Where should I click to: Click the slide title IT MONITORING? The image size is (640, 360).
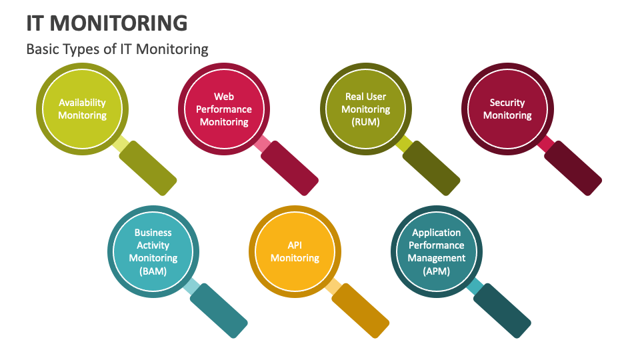pos(107,23)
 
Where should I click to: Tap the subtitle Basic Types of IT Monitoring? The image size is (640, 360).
pos(117,49)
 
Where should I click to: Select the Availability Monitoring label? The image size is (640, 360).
pos(82,109)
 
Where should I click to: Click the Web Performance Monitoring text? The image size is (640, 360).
pos(224,109)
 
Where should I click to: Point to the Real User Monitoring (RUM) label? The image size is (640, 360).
pos(365,109)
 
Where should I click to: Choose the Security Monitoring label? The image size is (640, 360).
pos(507,109)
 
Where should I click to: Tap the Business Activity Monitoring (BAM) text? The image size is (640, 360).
pos(153,252)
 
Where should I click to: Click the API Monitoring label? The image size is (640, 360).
pos(295,252)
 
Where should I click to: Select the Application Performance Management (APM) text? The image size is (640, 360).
pos(437,252)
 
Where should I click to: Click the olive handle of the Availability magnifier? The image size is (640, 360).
pos(147,163)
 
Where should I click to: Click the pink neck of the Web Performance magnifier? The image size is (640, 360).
pos(262,143)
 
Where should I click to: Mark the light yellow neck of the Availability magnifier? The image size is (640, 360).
pos(121,143)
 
